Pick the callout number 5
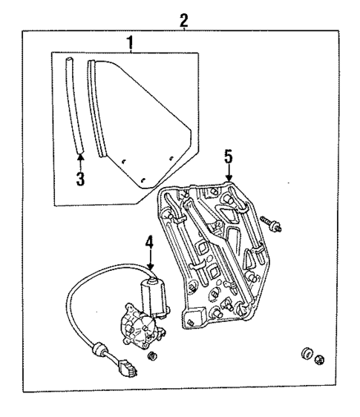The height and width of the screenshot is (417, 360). click(229, 157)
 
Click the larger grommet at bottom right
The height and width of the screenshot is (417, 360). click(305, 354)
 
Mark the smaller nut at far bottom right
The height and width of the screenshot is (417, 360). click(319, 361)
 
